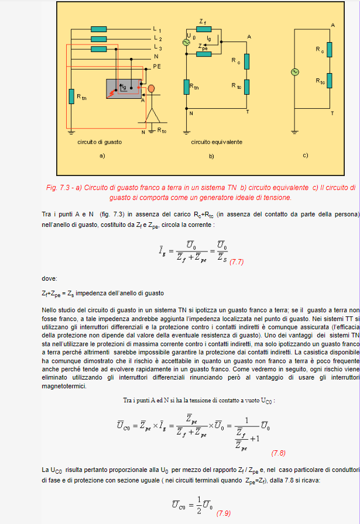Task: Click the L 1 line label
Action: coord(157,29)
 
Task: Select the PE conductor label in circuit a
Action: coord(157,67)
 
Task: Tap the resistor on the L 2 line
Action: coord(99,39)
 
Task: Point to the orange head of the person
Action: coord(152,88)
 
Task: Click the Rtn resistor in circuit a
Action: coord(71,96)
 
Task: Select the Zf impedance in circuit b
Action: coord(203,30)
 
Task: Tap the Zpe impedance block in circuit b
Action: coord(203,54)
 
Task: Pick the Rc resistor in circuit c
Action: coord(330,50)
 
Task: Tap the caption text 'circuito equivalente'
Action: coord(216,142)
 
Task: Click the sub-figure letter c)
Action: coord(305,156)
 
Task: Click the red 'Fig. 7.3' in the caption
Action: coord(58,188)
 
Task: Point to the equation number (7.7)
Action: coord(236,262)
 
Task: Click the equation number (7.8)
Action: coord(278,453)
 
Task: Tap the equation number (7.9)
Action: coord(224,513)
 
